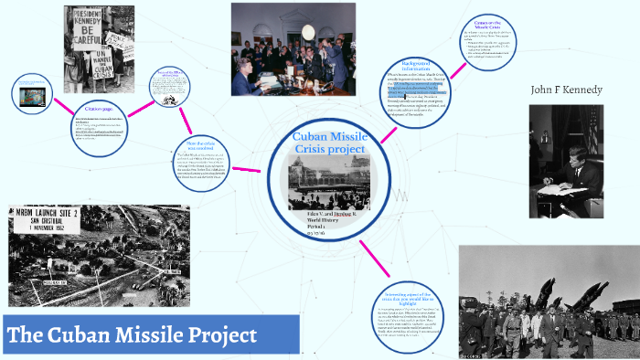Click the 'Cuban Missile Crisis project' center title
328,143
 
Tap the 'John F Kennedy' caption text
566,90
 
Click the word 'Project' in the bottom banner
219,335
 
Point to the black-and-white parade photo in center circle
328,182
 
